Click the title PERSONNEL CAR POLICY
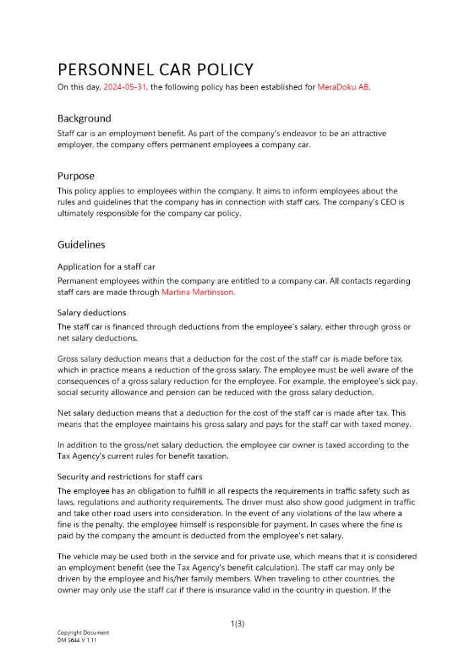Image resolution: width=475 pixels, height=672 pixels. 155,70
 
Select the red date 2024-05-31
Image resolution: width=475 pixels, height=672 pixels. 125,87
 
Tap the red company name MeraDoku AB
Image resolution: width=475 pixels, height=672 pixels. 343,87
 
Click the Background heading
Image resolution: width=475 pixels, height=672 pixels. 84,118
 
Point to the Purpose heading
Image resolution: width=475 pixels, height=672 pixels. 76,176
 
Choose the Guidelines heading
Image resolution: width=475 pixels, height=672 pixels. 81,245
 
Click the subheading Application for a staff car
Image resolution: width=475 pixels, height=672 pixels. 106,267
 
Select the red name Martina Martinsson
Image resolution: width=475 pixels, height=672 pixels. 198,292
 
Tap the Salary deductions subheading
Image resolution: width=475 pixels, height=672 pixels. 91,312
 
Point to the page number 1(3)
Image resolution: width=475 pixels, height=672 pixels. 237,624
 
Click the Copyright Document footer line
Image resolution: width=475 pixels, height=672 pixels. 83,632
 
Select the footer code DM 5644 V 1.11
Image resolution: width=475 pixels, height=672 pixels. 77,640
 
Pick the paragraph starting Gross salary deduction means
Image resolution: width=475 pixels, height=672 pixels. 235,376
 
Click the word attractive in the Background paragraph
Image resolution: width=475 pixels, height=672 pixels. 366,134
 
